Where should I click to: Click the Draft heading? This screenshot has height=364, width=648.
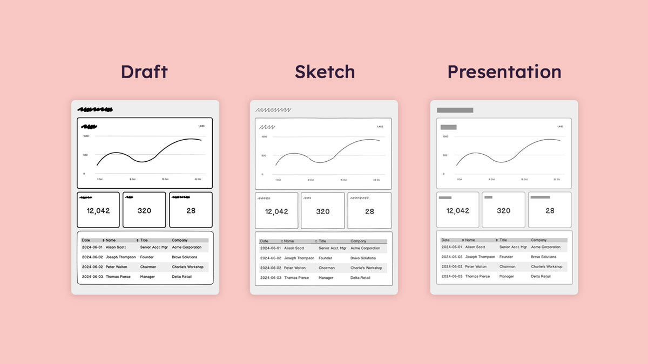coord(144,72)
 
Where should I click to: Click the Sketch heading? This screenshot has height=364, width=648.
coord(325,72)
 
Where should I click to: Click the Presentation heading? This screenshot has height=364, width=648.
coord(504,72)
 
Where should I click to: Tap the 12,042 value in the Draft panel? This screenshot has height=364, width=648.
coord(98,211)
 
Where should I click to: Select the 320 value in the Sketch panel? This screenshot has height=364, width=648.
coord(323,212)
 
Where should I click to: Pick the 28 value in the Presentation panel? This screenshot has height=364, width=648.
coord(550,211)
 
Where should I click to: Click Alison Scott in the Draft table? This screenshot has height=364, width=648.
coord(116,248)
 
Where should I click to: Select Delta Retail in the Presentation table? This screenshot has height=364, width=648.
coord(541,277)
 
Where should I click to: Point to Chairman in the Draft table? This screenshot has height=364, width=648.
coord(148,267)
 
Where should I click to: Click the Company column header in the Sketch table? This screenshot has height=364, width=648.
coord(358,241)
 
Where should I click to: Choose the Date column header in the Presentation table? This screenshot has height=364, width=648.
coord(446,240)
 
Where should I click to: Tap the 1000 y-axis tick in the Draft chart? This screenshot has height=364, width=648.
coord(85,136)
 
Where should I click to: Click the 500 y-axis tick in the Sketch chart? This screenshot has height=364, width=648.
coord(264,156)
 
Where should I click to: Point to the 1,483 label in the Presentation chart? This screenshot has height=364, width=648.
coord(560,127)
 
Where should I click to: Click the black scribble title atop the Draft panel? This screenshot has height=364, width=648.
coord(95,110)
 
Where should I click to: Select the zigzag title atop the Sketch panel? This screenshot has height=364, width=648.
coord(273,110)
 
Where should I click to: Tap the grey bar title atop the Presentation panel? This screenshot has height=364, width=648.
coord(455,110)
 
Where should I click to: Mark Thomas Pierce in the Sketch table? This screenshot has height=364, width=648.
coord(296,278)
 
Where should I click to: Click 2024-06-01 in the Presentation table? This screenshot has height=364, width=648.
coord(451,247)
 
